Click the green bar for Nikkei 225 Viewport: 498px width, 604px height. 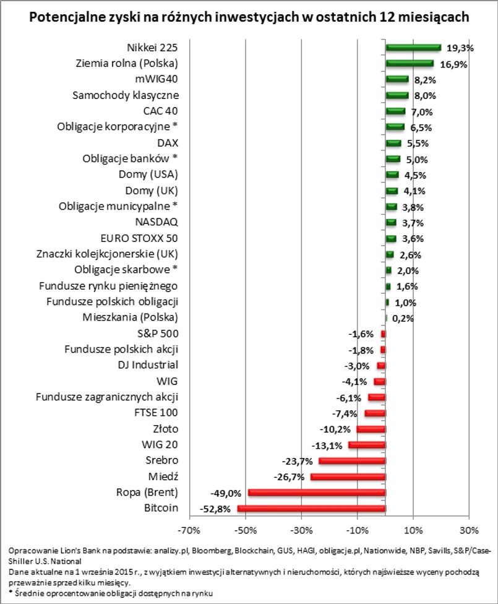[x=413, y=47]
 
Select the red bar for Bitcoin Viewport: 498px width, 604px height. [x=311, y=509]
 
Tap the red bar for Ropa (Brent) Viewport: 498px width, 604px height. [x=316, y=493]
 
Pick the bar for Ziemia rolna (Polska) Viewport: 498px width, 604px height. [x=409, y=63]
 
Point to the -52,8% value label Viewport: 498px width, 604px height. [x=216, y=509]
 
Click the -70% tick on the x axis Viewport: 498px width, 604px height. [x=189, y=530]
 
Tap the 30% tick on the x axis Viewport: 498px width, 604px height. [x=470, y=530]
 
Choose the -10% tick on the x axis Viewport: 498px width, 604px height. [x=357, y=530]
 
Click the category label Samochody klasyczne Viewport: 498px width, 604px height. [x=126, y=95]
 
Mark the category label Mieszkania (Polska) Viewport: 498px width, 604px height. [x=131, y=317]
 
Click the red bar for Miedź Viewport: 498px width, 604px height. [x=348, y=477]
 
